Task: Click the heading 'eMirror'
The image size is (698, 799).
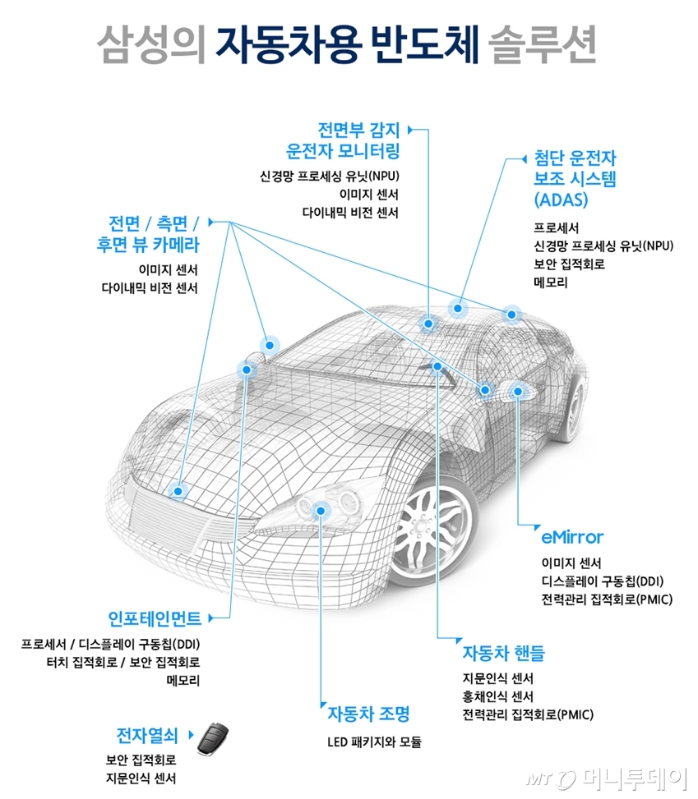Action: [x=572, y=537]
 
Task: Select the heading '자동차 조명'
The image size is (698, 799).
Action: [x=367, y=712]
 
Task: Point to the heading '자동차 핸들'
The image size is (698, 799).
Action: [x=503, y=654]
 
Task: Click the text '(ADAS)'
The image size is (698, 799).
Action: [x=561, y=200]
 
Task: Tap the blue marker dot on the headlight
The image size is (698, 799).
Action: [x=321, y=511]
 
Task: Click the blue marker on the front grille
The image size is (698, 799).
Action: [x=177, y=491]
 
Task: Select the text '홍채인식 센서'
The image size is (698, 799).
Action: [x=497, y=696]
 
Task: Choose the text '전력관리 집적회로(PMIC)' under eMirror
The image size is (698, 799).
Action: [x=607, y=599]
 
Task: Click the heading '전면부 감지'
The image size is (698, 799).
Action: [x=358, y=129]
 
